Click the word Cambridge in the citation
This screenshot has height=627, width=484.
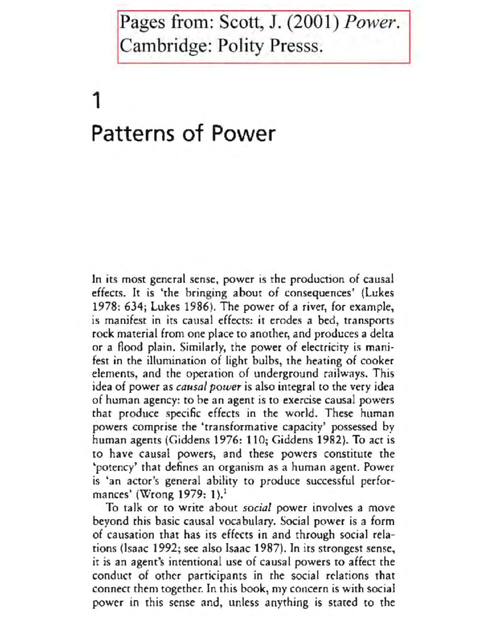pyautogui.click(x=166, y=46)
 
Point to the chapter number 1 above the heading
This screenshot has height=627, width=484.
pyautogui.click(x=96, y=101)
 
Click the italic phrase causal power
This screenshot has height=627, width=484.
pyautogui.click(x=209, y=387)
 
